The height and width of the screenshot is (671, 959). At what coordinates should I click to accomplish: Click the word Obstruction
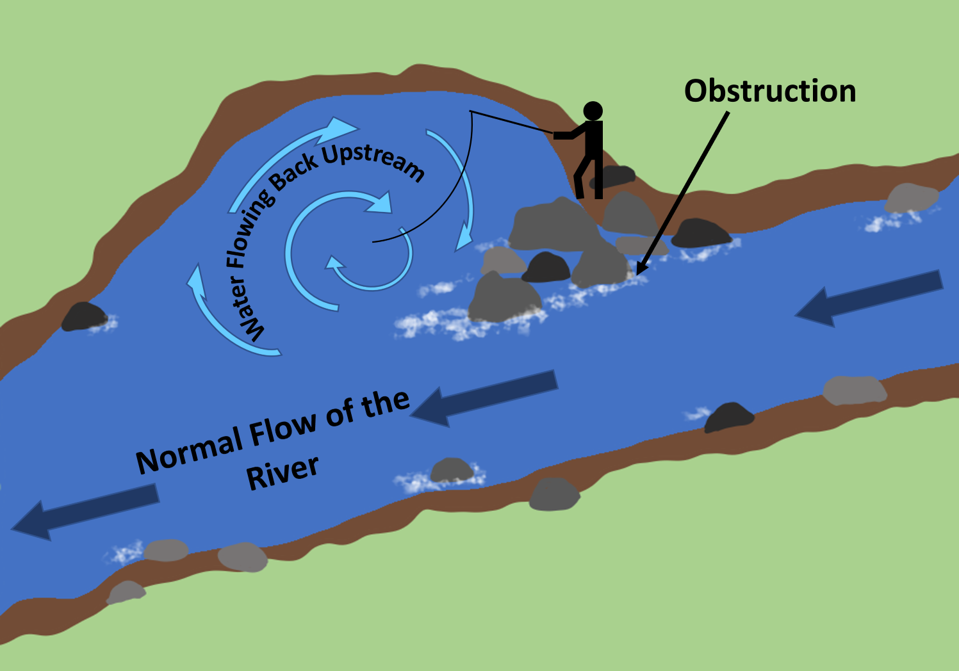(769, 92)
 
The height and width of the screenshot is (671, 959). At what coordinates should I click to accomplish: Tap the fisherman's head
(593, 111)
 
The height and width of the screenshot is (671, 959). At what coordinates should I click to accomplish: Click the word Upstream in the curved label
(373, 160)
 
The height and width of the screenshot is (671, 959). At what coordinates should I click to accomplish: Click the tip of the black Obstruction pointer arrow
(638, 274)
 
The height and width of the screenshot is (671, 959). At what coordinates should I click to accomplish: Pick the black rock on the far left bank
(84, 316)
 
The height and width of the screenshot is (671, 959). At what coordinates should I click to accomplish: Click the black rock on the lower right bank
(729, 416)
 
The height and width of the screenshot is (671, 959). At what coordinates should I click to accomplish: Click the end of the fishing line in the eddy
(373, 242)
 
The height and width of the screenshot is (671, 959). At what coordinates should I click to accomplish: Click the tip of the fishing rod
(471, 112)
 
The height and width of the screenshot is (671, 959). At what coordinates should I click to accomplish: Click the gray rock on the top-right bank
(911, 198)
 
